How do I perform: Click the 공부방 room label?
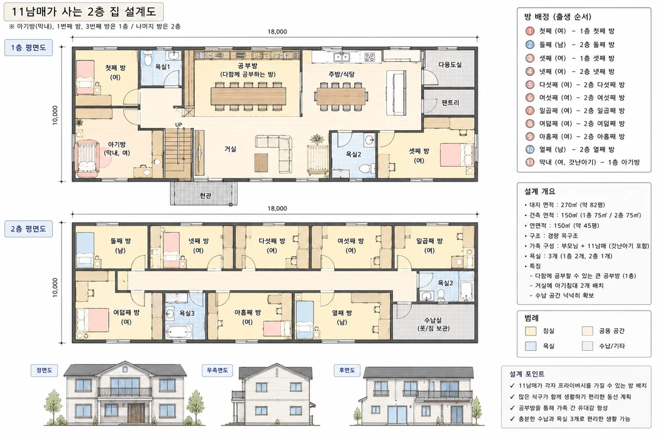248,65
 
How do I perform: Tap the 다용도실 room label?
450,64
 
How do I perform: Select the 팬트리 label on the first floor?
450,102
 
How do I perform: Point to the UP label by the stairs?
179,125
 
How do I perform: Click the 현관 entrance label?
205,196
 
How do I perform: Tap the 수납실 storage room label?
433,320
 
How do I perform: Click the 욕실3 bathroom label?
187,313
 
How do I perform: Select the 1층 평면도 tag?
28,48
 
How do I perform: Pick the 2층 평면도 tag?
28,229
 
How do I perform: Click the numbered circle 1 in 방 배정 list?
530,31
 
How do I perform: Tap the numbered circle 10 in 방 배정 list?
530,149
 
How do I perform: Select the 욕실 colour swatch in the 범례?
531,346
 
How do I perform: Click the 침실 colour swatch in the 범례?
531,331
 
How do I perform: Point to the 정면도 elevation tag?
44,370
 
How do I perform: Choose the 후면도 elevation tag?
347,370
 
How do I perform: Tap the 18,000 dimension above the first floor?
277,32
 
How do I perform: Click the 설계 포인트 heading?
527,374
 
